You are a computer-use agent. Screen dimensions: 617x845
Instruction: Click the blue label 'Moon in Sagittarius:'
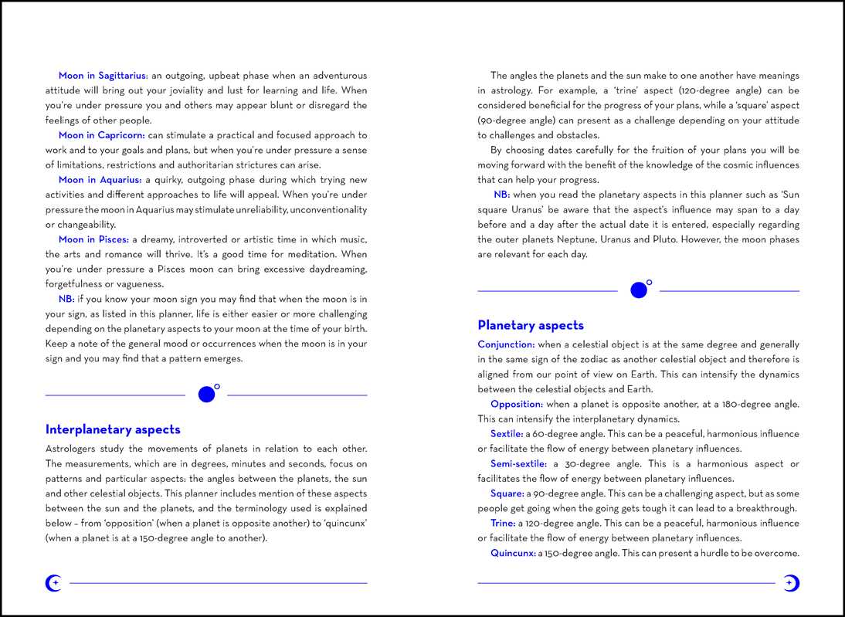coord(103,76)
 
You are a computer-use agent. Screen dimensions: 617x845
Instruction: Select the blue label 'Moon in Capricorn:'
coord(101,135)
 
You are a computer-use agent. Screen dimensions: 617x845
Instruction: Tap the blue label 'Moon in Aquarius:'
coord(100,180)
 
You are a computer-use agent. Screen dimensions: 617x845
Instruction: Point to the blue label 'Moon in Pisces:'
coord(93,239)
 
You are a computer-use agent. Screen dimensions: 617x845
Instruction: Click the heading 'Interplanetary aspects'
coord(113,429)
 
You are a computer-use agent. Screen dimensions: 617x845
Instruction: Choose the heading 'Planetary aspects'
coord(531,325)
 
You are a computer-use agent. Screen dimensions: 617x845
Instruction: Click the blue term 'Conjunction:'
coord(506,344)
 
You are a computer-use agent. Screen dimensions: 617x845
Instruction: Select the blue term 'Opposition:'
coord(517,404)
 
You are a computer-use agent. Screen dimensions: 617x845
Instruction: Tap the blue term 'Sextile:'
coord(507,434)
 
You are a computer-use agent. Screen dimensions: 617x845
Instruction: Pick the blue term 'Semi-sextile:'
coord(518,464)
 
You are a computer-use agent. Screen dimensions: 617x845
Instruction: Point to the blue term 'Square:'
coord(507,493)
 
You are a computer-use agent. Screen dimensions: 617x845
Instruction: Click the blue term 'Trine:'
coord(503,524)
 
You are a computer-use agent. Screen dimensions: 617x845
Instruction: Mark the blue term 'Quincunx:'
coord(513,553)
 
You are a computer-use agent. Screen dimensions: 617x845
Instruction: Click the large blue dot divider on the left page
coord(206,395)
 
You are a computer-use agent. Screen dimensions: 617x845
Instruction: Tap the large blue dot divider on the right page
coord(639,290)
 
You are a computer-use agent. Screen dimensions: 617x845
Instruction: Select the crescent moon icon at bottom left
coord(53,584)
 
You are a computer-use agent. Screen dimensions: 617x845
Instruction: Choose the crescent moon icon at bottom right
coord(791,584)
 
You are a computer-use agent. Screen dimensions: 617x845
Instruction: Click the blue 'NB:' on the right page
coord(501,195)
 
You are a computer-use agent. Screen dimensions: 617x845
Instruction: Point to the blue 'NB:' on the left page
coord(66,299)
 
